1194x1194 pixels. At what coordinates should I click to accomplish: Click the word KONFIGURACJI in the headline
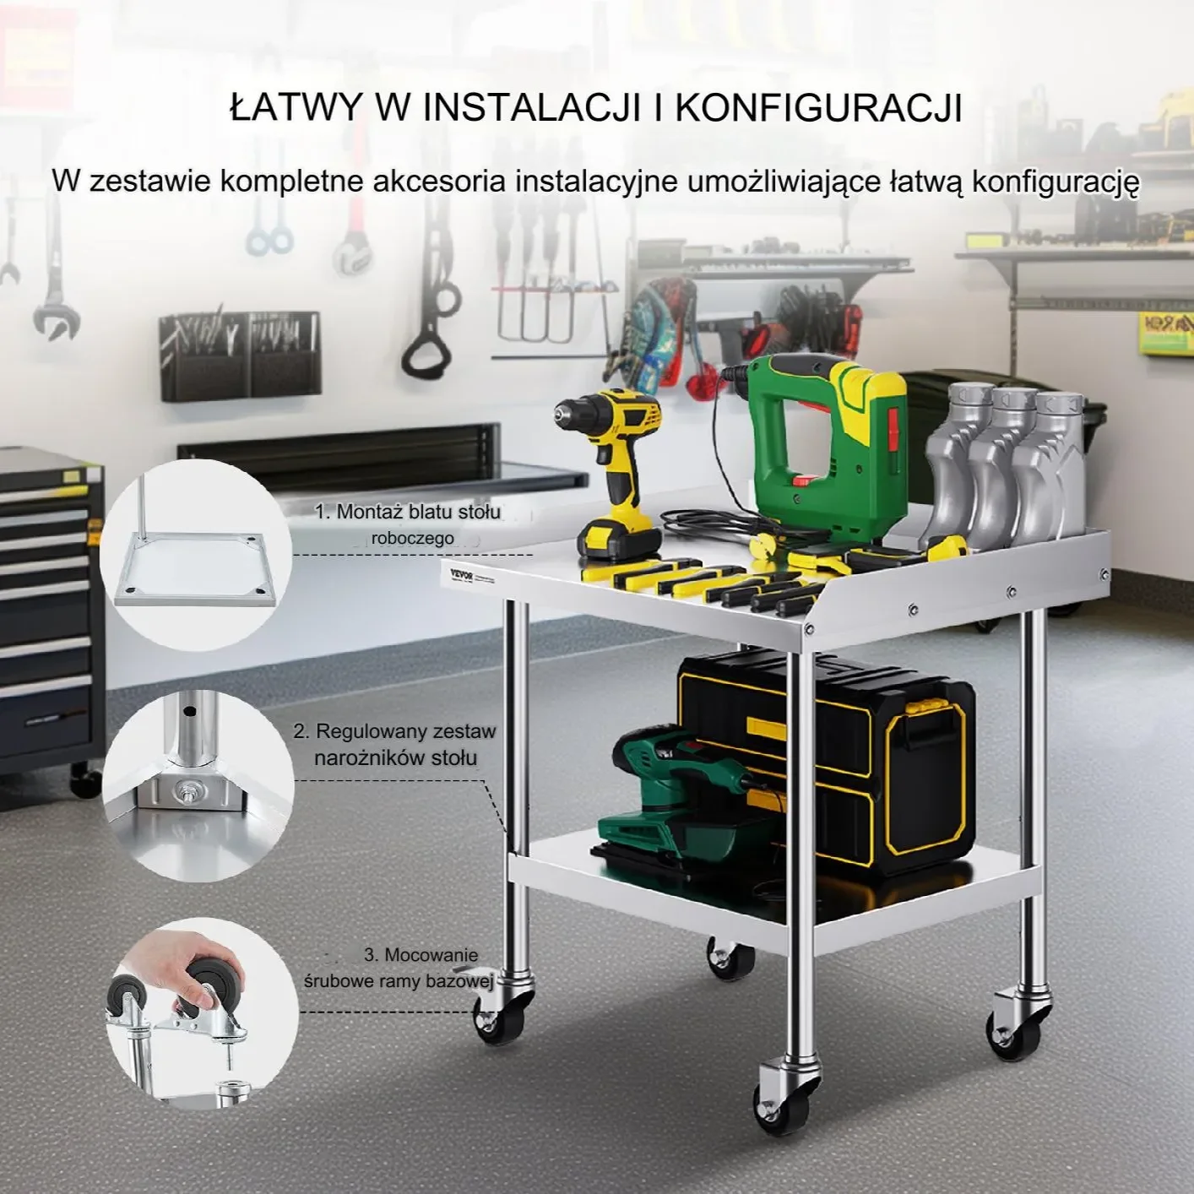click(x=818, y=108)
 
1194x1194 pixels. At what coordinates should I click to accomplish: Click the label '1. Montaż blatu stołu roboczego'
click(x=409, y=524)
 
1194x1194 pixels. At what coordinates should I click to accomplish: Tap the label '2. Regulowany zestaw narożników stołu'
click(x=395, y=744)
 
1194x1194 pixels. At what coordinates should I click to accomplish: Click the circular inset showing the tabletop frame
click(x=196, y=554)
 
